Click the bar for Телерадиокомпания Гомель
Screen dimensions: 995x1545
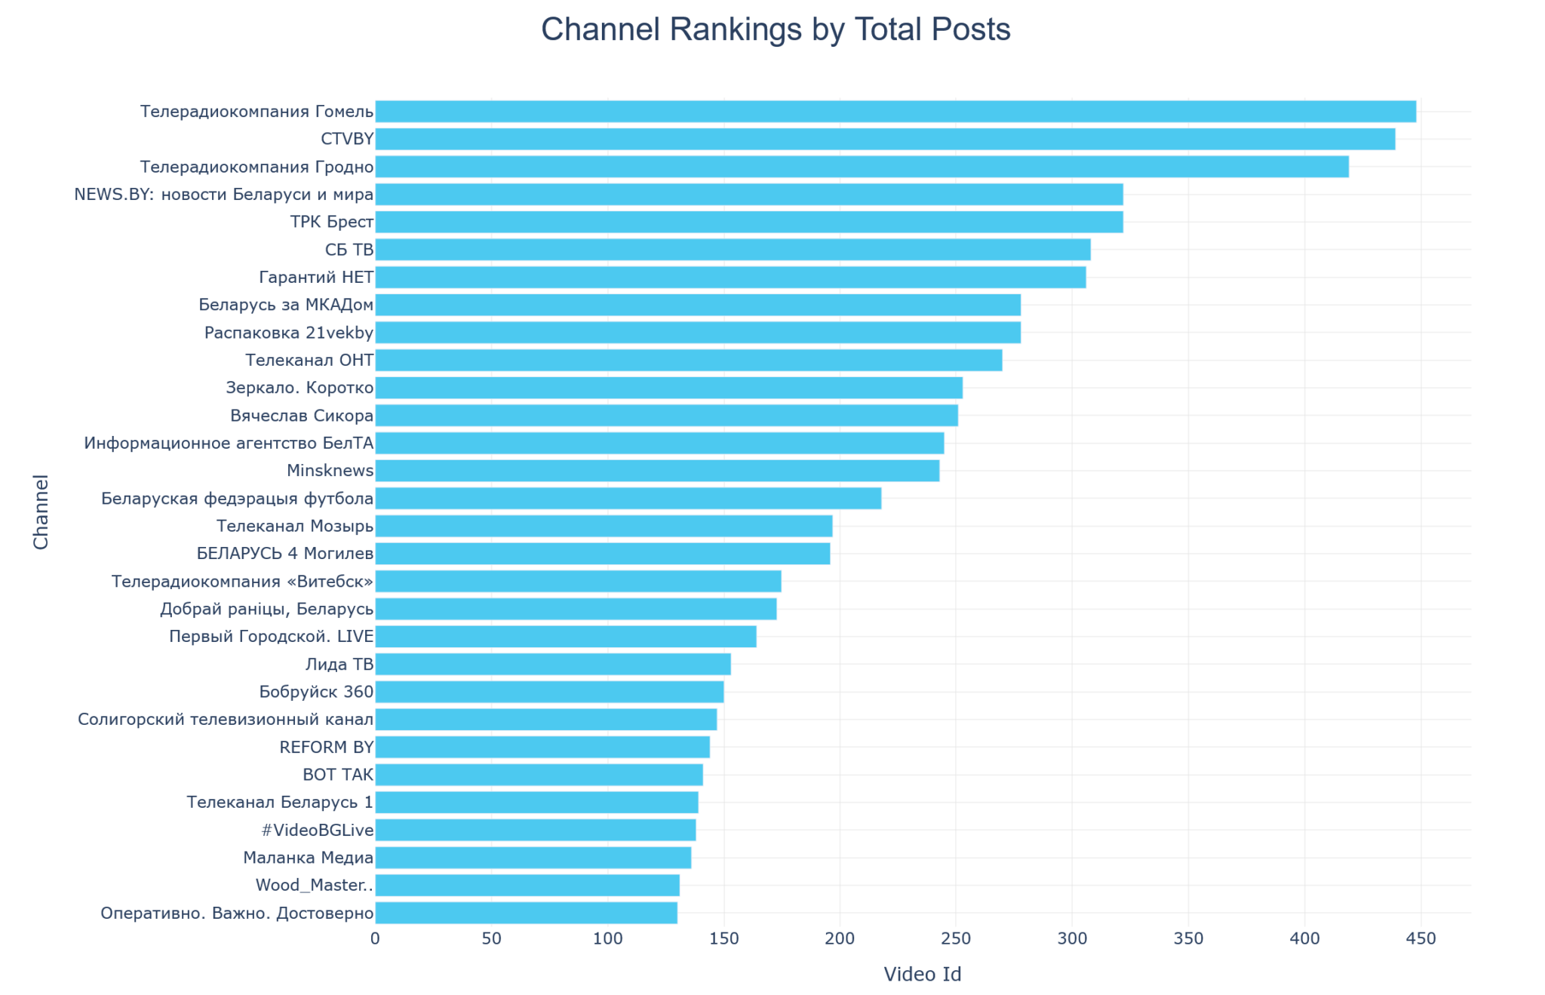point(895,112)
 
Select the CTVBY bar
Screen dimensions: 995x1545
point(885,140)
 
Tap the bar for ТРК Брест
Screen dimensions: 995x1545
point(749,223)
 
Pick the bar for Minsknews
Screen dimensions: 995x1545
point(657,471)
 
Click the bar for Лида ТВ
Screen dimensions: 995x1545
point(553,665)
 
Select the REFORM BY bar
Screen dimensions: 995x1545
point(542,748)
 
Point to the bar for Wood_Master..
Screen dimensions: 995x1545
point(527,886)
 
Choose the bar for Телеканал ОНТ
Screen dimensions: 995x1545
point(689,361)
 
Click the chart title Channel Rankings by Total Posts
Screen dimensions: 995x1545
point(776,30)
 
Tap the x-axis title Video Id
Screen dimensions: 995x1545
point(922,975)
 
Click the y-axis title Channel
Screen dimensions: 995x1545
point(41,512)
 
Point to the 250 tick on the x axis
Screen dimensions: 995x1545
point(956,938)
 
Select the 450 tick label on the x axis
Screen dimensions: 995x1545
point(1421,938)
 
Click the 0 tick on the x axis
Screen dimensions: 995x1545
point(376,938)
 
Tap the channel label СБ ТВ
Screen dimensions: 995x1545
point(349,250)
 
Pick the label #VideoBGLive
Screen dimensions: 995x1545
point(317,831)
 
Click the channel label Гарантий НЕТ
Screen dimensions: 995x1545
point(316,278)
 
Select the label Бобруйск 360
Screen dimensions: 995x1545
point(316,693)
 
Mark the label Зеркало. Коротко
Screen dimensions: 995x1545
point(299,388)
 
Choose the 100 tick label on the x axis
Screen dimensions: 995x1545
point(608,938)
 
